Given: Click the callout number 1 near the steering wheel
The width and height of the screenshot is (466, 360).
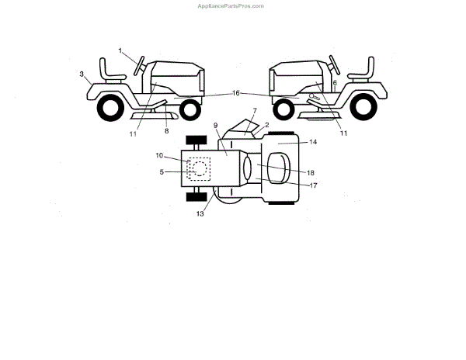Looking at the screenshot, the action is tap(121, 50).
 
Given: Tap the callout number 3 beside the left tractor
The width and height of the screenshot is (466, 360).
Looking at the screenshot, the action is tap(82, 74).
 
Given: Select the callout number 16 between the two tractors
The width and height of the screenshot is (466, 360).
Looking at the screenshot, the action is tap(236, 93).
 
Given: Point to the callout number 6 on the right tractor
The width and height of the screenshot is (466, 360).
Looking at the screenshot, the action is tap(335, 82).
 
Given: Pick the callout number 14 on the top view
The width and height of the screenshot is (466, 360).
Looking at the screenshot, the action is tap(313, 142).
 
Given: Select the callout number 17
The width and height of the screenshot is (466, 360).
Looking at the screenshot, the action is tap(314, 185).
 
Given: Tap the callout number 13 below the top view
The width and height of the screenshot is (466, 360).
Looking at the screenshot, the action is tap(200, 213).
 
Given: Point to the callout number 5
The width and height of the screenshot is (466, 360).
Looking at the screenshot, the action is tap(162, 171).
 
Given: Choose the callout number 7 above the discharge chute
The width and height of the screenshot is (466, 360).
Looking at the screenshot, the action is tap(255, 112).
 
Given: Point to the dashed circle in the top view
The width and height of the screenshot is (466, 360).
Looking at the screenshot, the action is tap(199, 168).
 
